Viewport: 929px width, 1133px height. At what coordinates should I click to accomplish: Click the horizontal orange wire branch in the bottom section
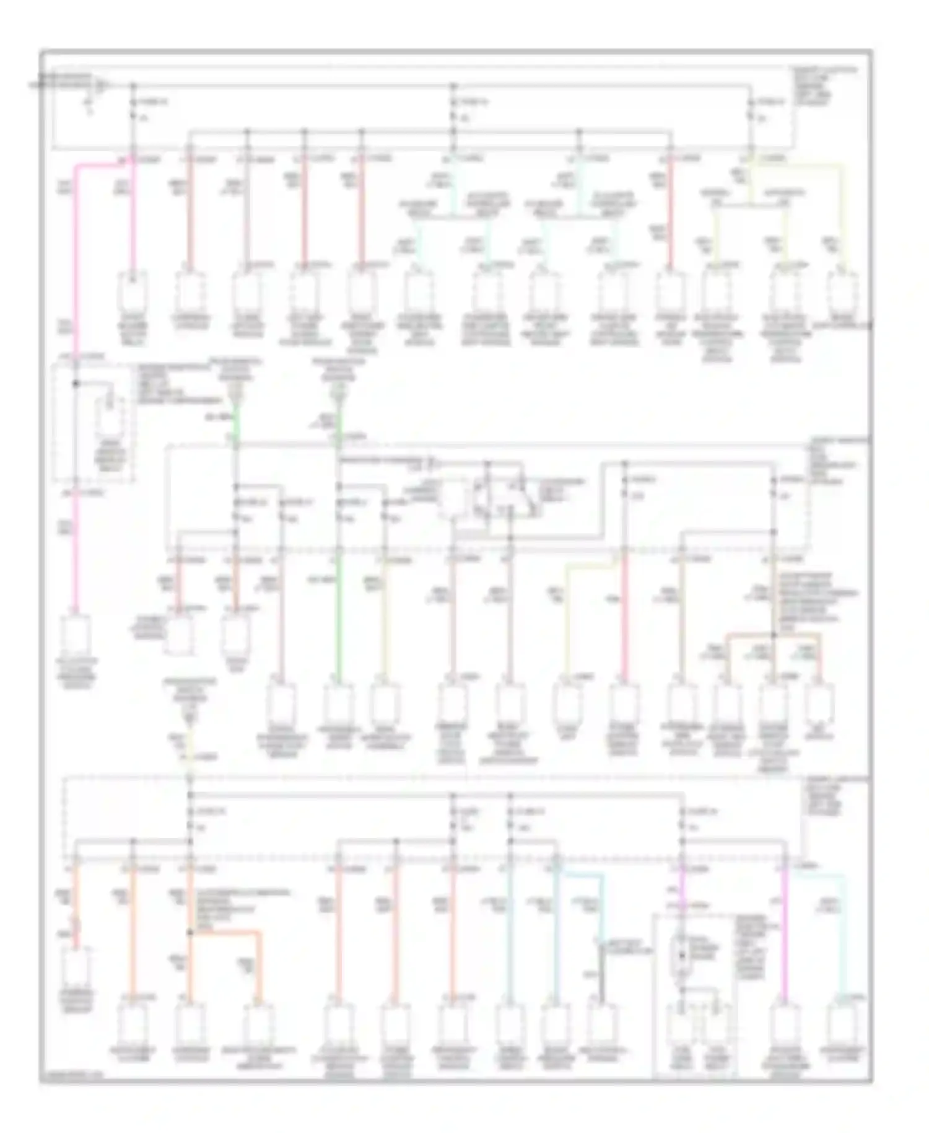coord(226,932)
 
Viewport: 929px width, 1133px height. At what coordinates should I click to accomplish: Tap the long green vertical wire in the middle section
coord(339,620)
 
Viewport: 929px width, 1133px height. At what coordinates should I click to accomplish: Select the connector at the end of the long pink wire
coord(76,638)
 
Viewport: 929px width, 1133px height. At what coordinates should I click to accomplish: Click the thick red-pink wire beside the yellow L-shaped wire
coord(624,620)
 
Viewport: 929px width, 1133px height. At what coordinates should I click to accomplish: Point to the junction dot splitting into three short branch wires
coord(774,635)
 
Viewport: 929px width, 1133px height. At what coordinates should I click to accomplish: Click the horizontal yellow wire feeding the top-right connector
coord(799,164)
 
